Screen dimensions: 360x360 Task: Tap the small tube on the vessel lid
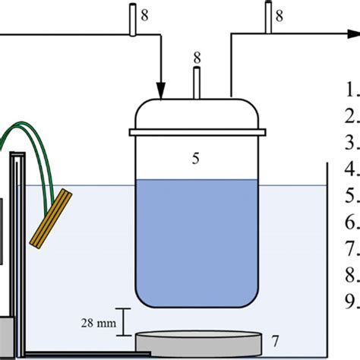(197, 83)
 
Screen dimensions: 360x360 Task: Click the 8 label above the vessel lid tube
(197, 57)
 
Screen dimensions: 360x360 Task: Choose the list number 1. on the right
(352, 90)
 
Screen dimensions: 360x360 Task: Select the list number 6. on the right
(352, 223)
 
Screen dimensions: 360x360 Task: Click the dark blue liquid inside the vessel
(195, 235)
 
